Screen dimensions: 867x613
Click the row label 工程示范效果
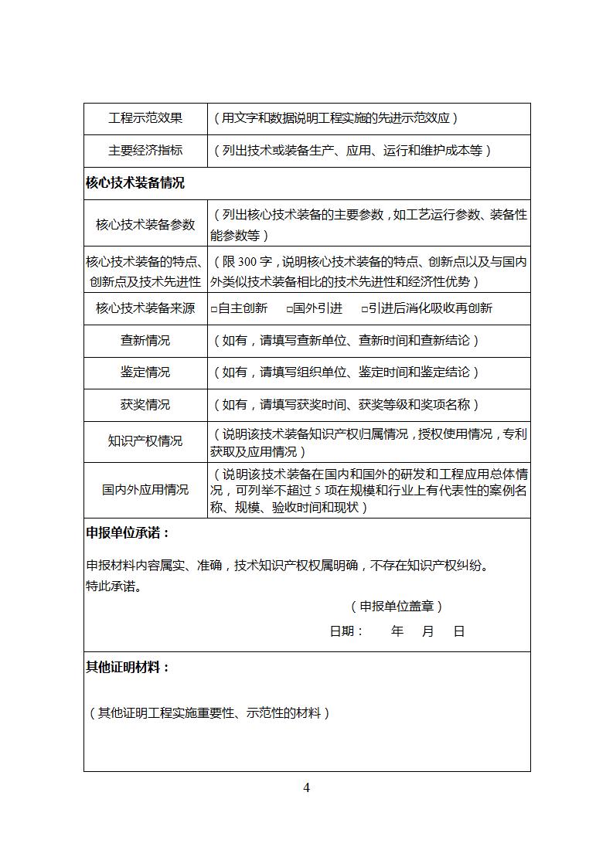pyautogui.click(x=145, y=118)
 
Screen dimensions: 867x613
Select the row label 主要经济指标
pyautogui.click(x=145, y=151)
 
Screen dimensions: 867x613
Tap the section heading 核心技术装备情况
pyautogui.click(x=135, y=183)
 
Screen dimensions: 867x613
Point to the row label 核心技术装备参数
pyautogui.click(x=145, y=225)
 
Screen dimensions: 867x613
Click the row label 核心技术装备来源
pyautogui.click(x=145, y=308)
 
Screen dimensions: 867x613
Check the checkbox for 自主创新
pyautogui.click(x=214, y=309)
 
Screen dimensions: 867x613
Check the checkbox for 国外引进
pyautogui.click(x=289, y=309)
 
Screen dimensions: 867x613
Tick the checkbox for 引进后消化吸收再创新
pyautogui.click(x=365, y=309)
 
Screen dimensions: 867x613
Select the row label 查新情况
pyautogui.click(x=145, y=341)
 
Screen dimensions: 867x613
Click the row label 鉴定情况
pyautogui.click(x=145, y=372)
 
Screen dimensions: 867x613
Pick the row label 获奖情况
pyautogui.click(x=145, y=405)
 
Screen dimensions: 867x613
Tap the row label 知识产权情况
pyautogui.click(x=145, y=441)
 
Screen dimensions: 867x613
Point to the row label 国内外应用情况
pyautogui.click(x=145, y=490)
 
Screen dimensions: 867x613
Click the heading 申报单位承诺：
pyautogui.click(x=128, y=533)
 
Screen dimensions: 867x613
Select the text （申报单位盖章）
pyautogui.click(x=397, y=607)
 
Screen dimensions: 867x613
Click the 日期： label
pyautogui.click(x=347, y=631)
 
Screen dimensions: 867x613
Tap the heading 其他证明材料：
pyautogui.click(x=128, y=667)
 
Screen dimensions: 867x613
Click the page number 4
pyautogui.click(x=307, y=787)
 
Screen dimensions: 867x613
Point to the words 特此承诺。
pyautogui.click(x=114, y=586)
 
